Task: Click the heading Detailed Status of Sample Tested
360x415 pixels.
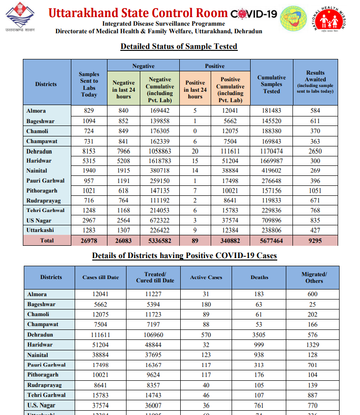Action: [179, 46]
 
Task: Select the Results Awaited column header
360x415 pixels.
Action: [315, 82]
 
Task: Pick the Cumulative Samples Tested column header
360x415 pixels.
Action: [272, 84]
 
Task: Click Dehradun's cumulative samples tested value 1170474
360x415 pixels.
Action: [272, 151]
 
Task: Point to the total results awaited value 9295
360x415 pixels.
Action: [315, 241]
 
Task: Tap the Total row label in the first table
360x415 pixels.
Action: [47, 241]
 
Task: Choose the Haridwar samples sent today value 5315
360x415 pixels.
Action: [89, 161]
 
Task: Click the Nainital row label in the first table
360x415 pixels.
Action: [37, 171]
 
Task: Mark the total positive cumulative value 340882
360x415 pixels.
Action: [231, 241]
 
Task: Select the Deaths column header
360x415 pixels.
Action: [259, 277]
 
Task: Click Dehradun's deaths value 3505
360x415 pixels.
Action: [259, 335]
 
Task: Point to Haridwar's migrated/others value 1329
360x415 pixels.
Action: [313, 345]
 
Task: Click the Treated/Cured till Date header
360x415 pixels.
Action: [155, 277]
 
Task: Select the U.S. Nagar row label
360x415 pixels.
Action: [41, 405]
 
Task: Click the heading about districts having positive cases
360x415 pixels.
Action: [184, 256]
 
